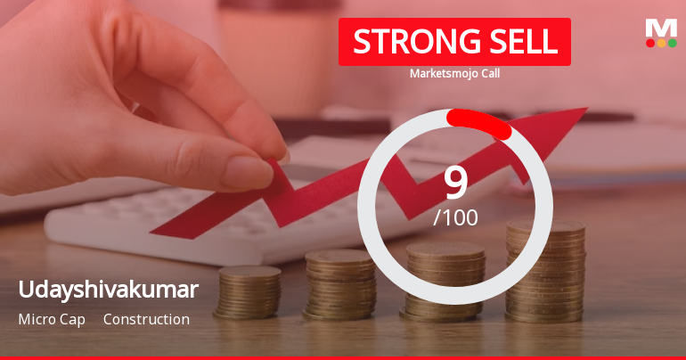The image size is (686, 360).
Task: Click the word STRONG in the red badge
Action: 407,41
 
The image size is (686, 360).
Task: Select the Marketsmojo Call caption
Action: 454,74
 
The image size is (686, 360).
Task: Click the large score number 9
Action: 455,183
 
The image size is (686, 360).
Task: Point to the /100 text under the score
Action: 455,217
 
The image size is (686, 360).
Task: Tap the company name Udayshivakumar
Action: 108,290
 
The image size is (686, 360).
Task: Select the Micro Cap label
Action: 52,319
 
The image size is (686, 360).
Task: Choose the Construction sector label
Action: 146,319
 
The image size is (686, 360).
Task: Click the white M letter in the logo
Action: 661,28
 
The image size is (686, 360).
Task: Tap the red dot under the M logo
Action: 650,43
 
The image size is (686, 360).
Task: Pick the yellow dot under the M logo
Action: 661,43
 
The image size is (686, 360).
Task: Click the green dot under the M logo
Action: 672,43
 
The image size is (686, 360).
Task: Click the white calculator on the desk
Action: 178,223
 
